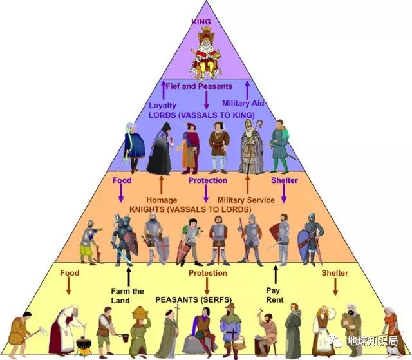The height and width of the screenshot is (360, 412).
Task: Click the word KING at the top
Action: point(201,21)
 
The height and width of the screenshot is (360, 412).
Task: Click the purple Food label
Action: point(122,180)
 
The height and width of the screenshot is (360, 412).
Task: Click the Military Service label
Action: point(246,200)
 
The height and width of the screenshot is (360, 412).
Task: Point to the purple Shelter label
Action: point(284,180)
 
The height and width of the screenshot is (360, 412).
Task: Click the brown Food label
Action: point(69,273)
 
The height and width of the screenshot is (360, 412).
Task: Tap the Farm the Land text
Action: point(127,296)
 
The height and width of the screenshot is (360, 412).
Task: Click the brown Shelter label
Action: point(335,273)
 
